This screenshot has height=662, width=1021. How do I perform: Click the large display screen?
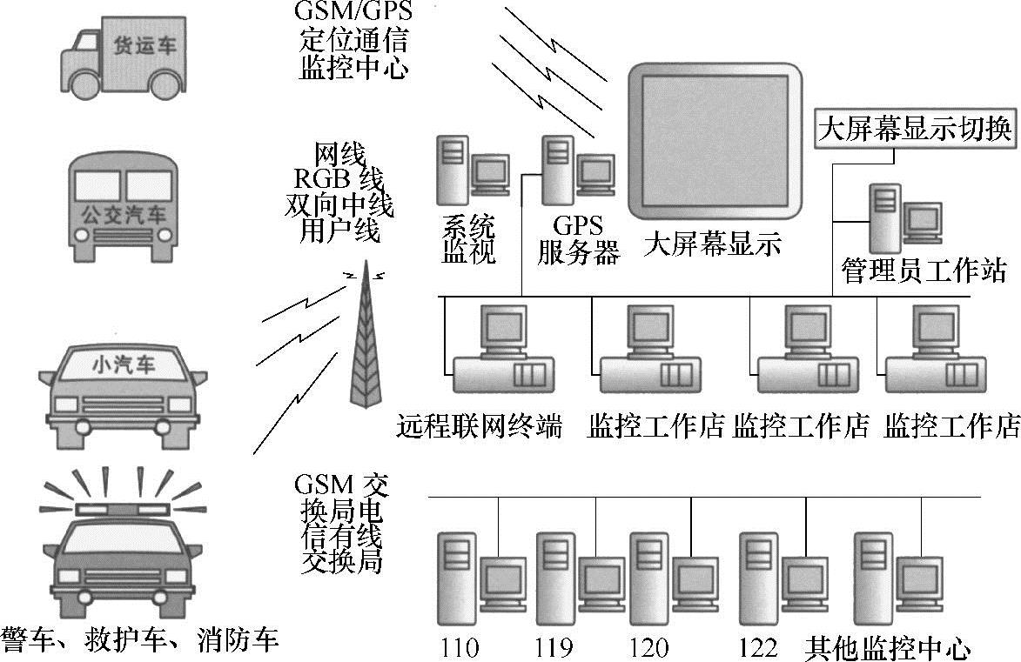(715, 144)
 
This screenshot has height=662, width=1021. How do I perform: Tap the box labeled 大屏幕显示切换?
(914, 130)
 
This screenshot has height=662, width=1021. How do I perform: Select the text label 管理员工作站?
(923, 271)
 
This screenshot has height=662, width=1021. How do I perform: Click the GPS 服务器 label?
(578, 241)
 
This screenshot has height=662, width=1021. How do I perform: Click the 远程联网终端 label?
(480, 427)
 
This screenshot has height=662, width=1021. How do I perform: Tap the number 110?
(460, 647)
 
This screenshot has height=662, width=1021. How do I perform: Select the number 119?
(554, 647)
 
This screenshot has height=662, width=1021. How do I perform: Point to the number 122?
(758, 647)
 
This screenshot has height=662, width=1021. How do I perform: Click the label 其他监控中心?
(888, 647)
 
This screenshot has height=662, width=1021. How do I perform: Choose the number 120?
(649, 647)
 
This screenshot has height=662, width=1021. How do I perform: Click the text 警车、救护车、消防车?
(140, 639)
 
